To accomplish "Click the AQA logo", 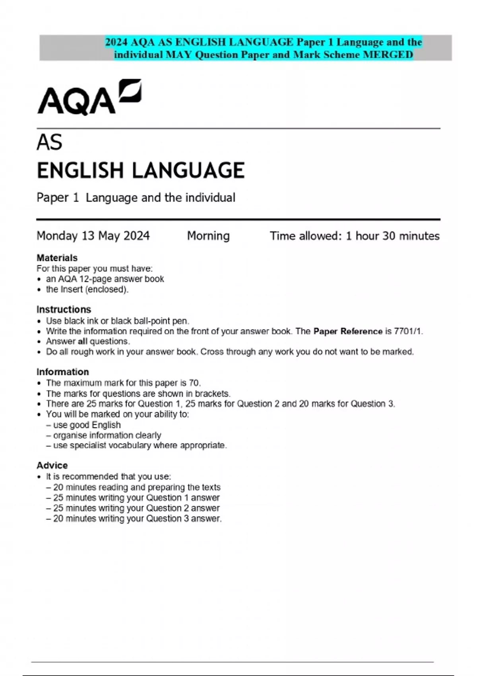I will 89,97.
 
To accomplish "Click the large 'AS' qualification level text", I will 49,142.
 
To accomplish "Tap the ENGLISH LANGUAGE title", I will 140,170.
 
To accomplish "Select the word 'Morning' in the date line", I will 208,236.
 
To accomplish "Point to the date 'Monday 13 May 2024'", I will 93,236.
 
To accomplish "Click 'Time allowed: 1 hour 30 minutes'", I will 355,236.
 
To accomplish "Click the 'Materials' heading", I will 57,258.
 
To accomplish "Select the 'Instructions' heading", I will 64,309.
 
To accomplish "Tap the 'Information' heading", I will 62,372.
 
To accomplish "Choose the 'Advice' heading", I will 52,465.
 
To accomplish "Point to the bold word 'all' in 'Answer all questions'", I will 82,342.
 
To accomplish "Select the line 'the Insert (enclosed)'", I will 87,289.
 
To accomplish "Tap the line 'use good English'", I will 87,425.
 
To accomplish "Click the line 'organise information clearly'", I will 107,435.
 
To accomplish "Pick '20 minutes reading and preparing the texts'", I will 136,487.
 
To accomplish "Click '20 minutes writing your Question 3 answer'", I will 137,519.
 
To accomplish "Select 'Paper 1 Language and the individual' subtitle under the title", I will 136,198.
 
